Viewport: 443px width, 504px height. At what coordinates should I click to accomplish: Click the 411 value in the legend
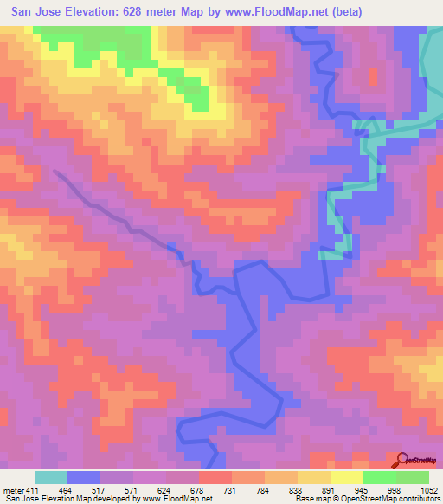(33, 490)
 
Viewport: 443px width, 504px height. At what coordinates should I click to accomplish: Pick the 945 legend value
(372, 490)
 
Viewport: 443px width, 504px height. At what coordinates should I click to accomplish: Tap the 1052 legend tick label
(430, 490)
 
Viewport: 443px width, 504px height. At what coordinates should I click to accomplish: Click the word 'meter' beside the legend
(13, 490)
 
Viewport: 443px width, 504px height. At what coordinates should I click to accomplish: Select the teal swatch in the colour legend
(51, 477)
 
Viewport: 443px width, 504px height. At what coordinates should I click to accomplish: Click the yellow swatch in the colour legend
(346, 477)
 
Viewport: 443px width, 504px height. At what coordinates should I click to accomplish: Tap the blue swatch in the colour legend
(84, 477)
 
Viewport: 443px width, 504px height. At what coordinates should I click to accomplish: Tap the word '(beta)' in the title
(344, 11)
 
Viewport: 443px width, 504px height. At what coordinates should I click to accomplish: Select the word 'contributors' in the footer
(420, 500)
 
